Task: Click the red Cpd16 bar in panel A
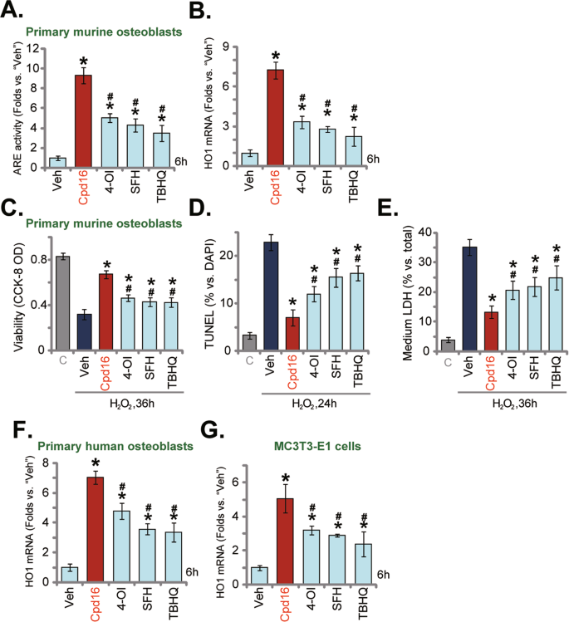click(x=84, y=121)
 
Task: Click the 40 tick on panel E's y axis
click(x=434, y=233)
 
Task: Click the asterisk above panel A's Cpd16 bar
click(x=84, y=60)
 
